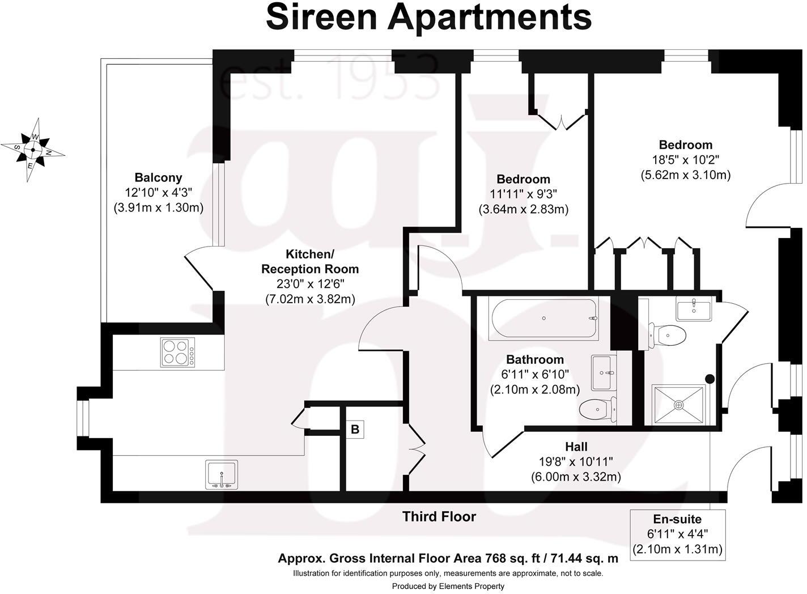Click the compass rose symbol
pos(33,150)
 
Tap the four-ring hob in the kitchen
pos(177,351)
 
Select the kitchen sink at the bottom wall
pos(222,474)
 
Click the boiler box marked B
pos(355,429)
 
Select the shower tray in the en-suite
pos(678,404)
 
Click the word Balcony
pos(158,177)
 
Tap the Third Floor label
pos(439,516)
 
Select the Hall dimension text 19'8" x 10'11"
pos(576,462)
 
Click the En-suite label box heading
pos(677,519)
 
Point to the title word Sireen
pos(321,17)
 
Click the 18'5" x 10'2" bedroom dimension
pos(686,160)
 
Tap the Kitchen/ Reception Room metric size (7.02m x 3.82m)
pos(310,299)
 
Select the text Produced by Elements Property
pos(448,586)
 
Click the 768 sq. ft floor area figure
pos(507,558)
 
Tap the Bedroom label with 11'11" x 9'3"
pos(524,180)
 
